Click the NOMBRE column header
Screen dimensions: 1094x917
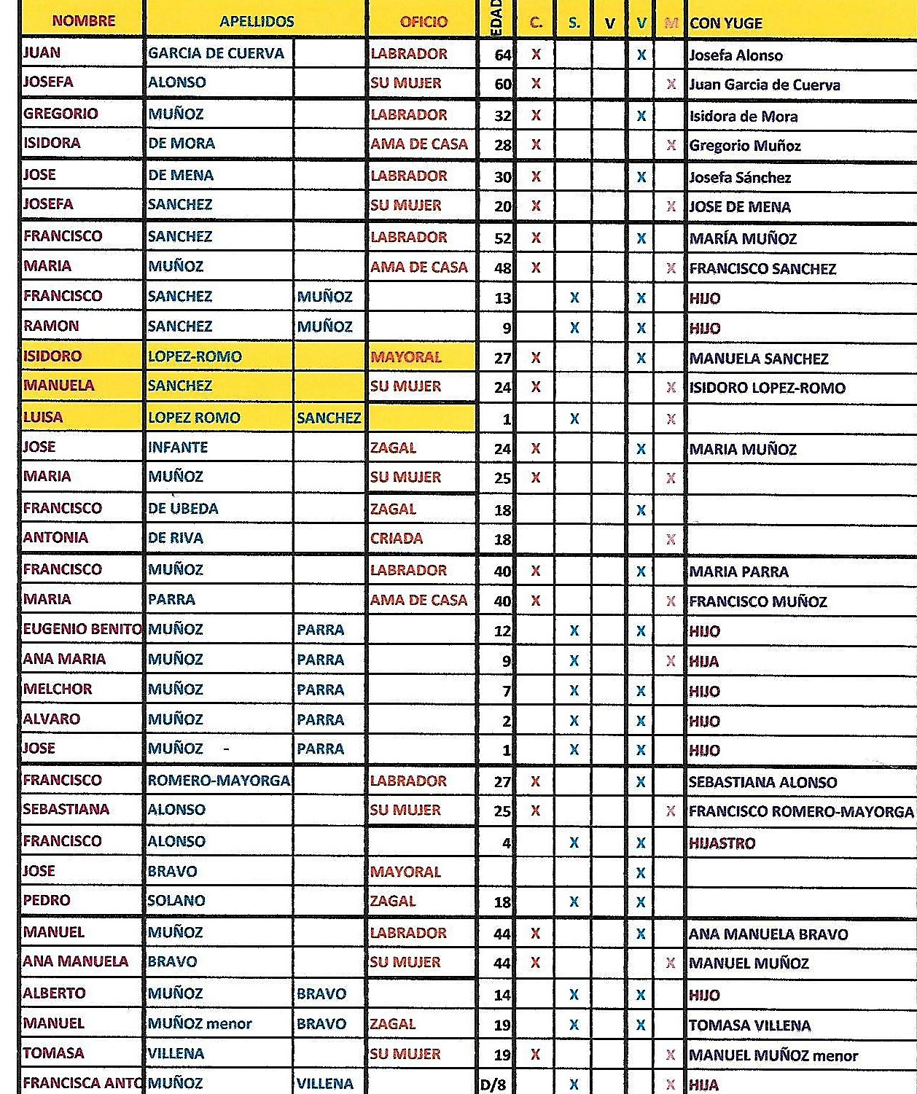(x=83, y=21)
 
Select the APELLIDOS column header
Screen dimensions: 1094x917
(x=257, y=22)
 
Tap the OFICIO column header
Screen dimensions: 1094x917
(x=424, y=22)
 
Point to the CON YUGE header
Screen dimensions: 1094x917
(x=726, y=23)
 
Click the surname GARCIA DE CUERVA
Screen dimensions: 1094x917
(x=216, y=53)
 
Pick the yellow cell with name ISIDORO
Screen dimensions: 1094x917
(x=52, y=356)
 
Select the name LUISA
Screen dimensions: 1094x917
(x=43, y=418)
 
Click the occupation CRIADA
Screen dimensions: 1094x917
(x=397, y=539)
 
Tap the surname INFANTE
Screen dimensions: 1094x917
(x=178, y=448)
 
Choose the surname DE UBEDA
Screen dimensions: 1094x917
(x=183, y=509)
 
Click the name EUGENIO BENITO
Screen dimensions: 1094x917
(x=82, y=629)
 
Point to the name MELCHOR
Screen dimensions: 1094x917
(x=58, y=689)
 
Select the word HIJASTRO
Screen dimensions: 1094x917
(x=722, y=843)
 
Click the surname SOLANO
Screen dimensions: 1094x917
(x=176, y=901)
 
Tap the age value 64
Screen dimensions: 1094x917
(x=503, y=55)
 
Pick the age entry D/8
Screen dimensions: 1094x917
(x=493, y=1085)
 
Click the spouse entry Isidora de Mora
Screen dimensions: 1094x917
(x=744, y=117)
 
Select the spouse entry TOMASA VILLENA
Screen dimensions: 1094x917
(x=749, y=1025)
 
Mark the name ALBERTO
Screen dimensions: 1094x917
(x=55, y=993)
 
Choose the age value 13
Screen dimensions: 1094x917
(x=503, y=298)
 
